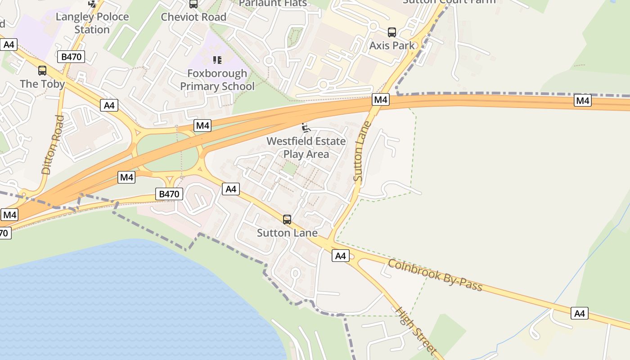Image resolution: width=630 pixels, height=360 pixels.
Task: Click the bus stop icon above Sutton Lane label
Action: [287, 220]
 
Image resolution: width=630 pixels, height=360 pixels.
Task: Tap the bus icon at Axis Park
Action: [392, 32]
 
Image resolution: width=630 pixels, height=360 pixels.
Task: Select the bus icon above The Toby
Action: [42, 71]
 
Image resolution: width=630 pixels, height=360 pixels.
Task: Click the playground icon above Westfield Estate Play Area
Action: [306, 128]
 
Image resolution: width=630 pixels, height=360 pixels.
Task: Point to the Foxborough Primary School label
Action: [217, 80]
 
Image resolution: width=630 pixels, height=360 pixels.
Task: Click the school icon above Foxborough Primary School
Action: [217, 60]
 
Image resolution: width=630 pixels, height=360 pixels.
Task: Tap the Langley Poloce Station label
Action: [92, 23]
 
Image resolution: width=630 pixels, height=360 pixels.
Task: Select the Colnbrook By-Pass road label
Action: [435, 275]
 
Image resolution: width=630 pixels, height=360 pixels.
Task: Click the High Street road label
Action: [416, 331]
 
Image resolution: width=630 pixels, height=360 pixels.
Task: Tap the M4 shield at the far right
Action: [583, 101]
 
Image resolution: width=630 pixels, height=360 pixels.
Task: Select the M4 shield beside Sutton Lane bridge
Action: [380, 100]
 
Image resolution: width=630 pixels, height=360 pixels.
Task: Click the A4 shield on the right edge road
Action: [580, 313]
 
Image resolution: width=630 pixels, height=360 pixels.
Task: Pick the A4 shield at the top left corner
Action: [9, 45]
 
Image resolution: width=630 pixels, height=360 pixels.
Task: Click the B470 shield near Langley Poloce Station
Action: [71, 57]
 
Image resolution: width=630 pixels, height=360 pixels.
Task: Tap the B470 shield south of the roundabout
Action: [169, 194]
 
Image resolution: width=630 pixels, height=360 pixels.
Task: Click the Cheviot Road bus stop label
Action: [193, 17]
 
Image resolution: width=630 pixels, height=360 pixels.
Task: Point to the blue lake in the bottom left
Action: [112, 301]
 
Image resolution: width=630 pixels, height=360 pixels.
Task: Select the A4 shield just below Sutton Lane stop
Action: [341, 256]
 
